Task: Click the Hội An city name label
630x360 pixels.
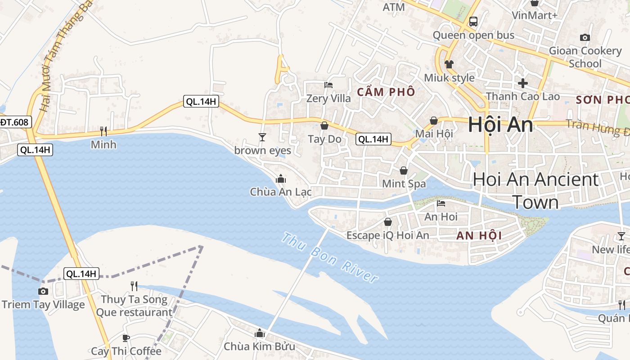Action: [500, 125]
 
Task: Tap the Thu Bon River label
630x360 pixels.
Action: [330, 257]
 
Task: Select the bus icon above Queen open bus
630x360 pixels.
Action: [473, 21]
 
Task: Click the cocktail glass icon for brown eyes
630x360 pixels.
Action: [262, 137]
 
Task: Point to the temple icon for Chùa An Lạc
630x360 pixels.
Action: [281, 179]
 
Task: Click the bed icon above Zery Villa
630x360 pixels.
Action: [328, 85]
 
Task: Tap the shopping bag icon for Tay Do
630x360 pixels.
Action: [324, 126]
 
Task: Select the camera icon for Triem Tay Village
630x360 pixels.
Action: [43, 291]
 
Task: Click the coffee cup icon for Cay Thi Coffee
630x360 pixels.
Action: [126, 337]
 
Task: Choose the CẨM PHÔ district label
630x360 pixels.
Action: [386, 92]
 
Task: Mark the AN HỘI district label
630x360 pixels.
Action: [479, 236]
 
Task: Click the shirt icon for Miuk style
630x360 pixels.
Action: [449, 64]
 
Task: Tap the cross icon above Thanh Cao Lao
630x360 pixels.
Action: [522, 83]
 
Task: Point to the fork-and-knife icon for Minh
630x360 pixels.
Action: [103, 131]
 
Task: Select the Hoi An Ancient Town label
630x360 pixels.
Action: [535, 191]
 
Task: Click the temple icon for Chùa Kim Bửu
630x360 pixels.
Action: [259, 333]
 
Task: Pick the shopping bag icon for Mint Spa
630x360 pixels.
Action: [404, 171]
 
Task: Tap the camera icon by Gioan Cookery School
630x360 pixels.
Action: [585, 37]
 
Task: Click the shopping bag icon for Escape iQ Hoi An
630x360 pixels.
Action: [387, 222]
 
